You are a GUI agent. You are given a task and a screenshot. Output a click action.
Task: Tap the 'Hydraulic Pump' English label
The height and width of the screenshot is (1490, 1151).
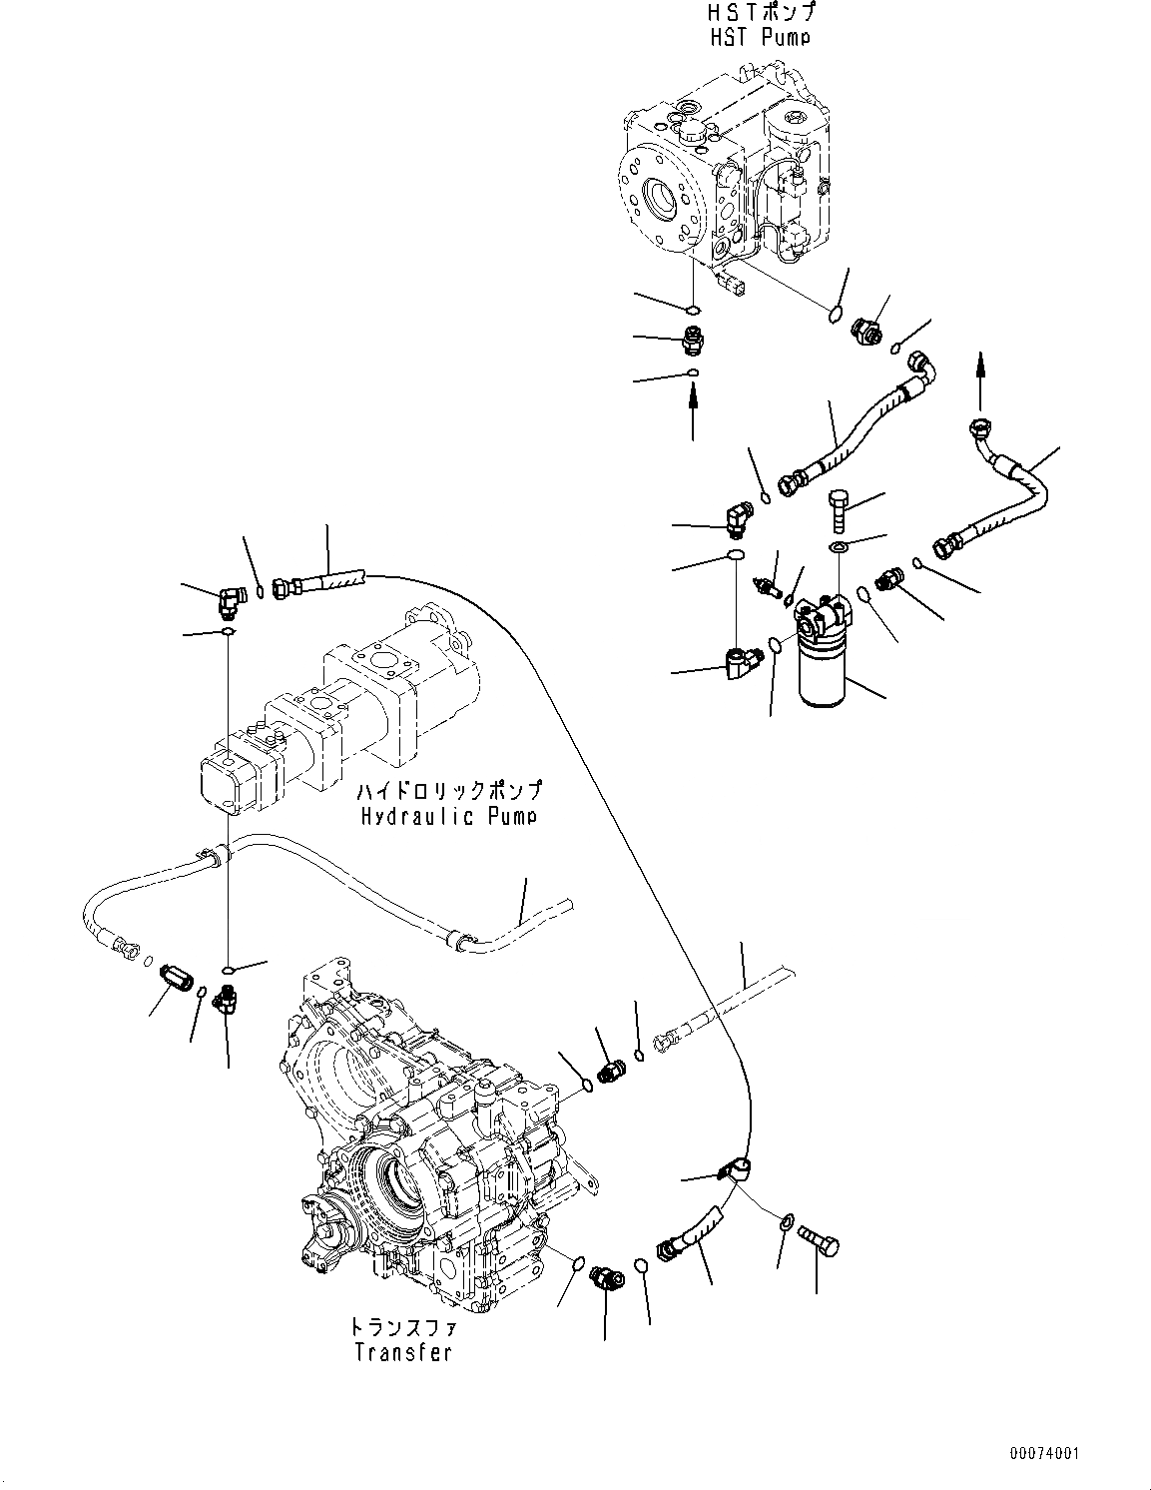click(449, 816)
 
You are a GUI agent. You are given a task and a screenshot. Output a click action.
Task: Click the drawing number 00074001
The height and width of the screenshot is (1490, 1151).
click(1044, 1454)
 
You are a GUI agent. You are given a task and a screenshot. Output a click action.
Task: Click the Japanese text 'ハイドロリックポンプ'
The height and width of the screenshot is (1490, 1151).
click(450, 791)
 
